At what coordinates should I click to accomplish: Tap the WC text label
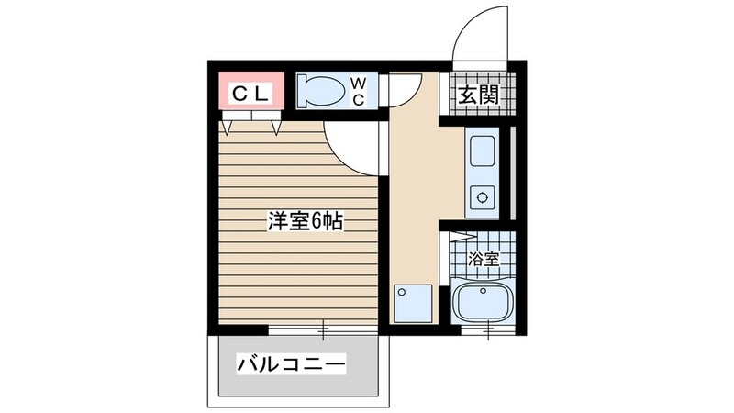[x=359, y=93]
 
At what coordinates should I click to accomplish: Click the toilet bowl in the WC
[x=321, y=92]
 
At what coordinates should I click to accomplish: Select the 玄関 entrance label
[x=477, y=94]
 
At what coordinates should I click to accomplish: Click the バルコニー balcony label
[x=292, y=365]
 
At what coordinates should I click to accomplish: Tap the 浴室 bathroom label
[x=484, y=259]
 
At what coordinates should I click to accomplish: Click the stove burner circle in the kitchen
[x=482, y=195]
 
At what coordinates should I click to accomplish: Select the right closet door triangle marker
[x=276, y=127]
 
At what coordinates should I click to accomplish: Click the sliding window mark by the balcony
[x=323, y=329]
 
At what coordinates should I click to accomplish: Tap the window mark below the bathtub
[x=489, y=329]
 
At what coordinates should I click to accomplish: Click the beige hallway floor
[x=422, y=184]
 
